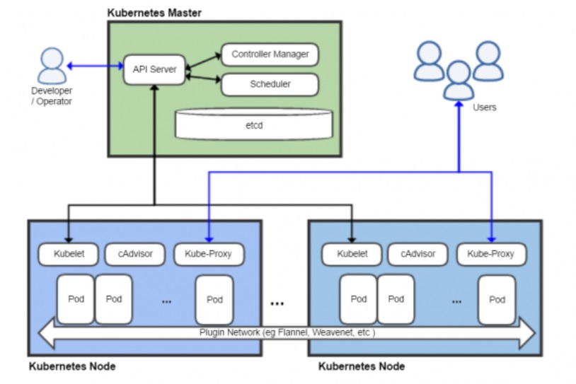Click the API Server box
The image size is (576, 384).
coord(154,69)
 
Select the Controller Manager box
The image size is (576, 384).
coord(270,54)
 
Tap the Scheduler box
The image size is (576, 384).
coord(270,84)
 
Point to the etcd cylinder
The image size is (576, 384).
coord(253,124)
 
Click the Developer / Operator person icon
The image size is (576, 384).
coord(51,66)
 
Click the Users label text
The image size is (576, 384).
coord(484,107)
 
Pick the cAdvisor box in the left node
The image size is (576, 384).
coord(134,254)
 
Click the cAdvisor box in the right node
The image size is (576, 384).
coord(417,254)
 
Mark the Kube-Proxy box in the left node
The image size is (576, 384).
coord(208,254)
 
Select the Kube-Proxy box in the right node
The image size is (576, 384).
coord(491,254)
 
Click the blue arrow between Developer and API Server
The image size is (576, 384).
coord(95,66)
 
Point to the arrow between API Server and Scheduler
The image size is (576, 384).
coord(203,77)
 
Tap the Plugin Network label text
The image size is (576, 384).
coord(287,332)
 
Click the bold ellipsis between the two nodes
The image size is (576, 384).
coord(277,303)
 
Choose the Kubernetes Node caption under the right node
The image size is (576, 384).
coord(362,366)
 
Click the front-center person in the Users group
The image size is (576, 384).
coord(458,79)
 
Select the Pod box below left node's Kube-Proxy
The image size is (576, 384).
coord(214,299)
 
